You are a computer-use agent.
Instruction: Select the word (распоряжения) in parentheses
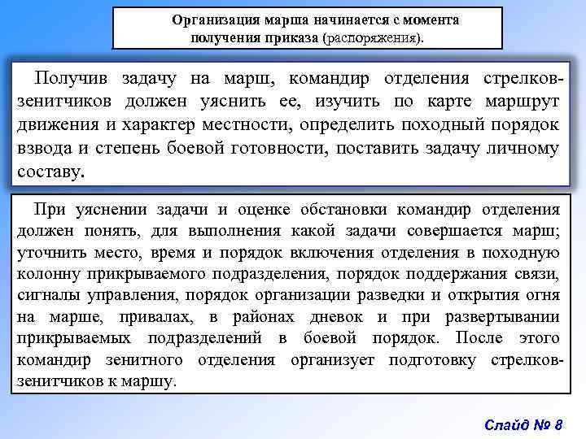373,37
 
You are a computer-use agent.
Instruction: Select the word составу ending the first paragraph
50,172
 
